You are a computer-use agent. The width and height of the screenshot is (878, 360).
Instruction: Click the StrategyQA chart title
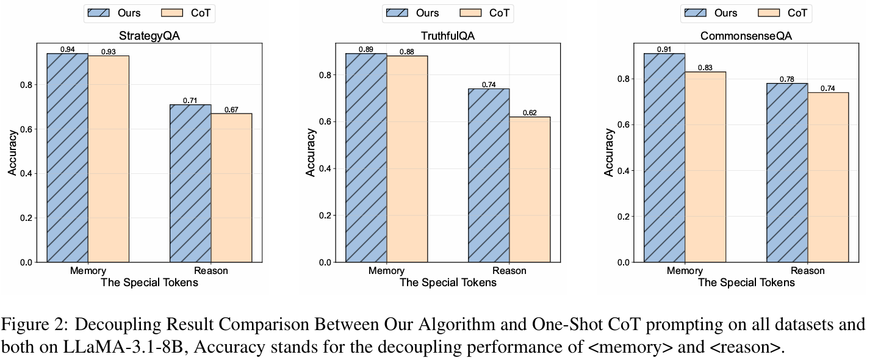(149, 36)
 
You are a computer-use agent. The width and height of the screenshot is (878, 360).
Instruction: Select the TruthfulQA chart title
(448, 36)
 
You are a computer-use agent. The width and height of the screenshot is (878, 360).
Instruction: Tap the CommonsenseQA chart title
(746, 36)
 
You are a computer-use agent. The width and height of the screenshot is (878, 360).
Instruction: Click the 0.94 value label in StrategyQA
(68, 49)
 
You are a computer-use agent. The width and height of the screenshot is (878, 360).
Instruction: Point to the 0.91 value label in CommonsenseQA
(664, 49)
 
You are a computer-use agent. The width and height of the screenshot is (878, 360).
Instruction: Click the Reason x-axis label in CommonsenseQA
(807, 271)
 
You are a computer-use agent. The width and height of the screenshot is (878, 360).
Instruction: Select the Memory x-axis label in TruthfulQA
(386, 271)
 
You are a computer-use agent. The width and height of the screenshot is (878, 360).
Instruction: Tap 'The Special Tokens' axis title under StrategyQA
(149, 283)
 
